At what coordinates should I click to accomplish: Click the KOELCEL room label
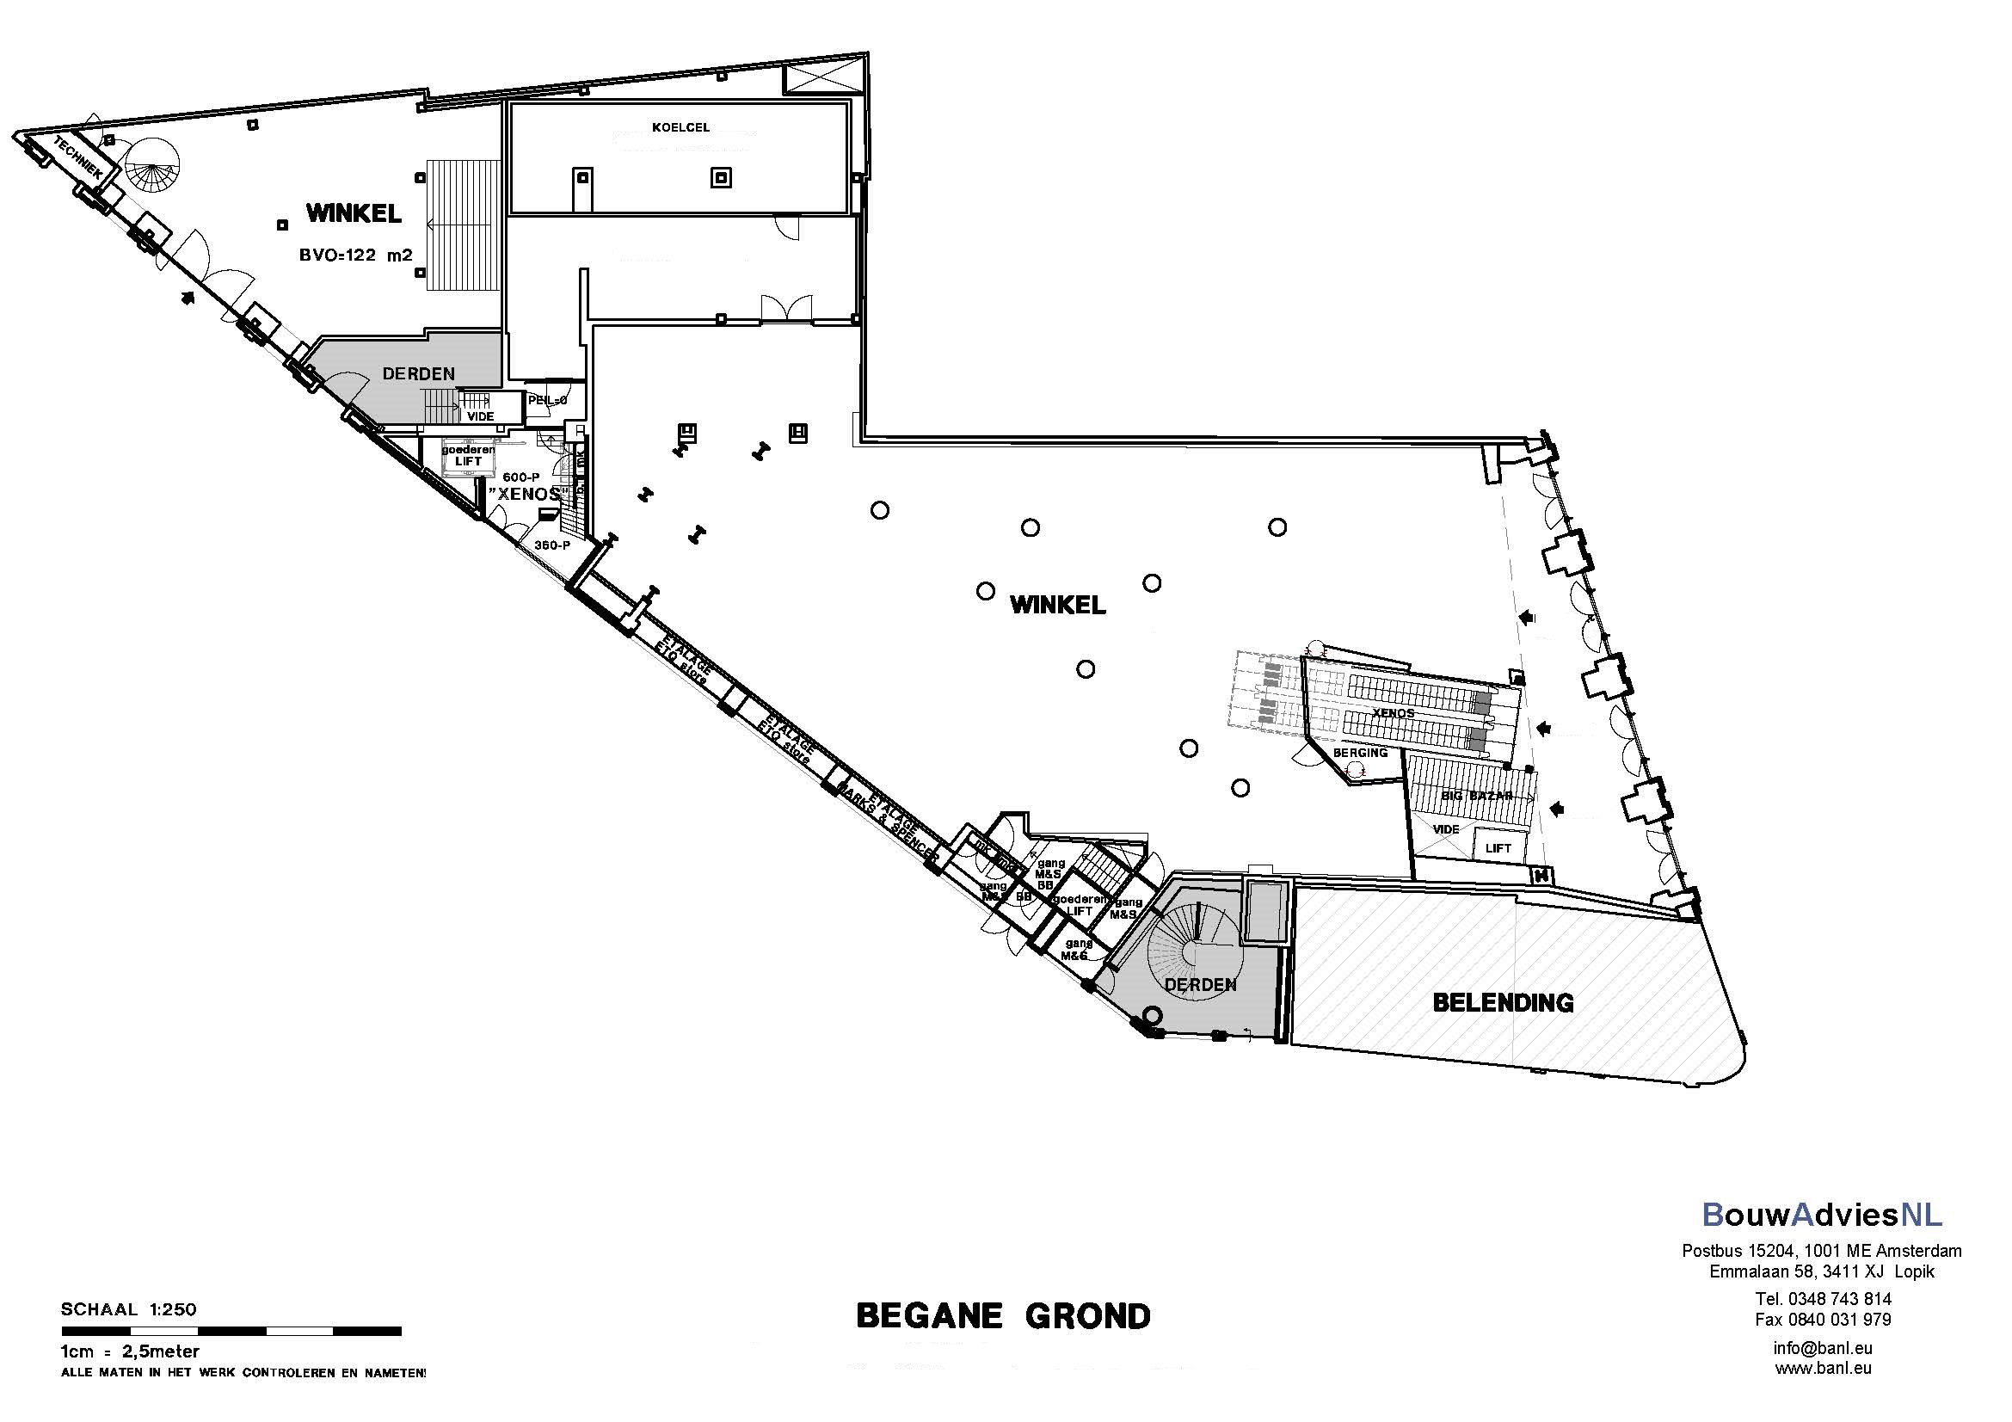click(x=681, y=128)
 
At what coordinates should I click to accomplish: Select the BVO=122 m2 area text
click(x=356, y=255)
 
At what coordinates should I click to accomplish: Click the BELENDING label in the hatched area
click(x=1503, y=1002)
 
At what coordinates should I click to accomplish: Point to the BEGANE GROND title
click(x=1003, y=1316)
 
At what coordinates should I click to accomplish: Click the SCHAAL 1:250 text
click(x=129, y=1310)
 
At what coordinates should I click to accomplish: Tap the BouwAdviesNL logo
click(x=1822, y=1215)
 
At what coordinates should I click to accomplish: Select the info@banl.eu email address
click(x=1823, y=1348)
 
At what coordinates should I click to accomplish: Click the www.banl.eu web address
click(x=1823, y=1368)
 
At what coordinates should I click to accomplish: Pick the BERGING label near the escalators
click(x=1360, y=753)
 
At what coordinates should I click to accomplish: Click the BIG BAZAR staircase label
click(x=1477, y=797)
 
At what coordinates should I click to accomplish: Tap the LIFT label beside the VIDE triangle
click(x=1498, y=848)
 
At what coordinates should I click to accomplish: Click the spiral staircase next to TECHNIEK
click(x=151, y=168)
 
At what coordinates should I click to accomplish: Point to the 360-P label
click(x=552, y=545)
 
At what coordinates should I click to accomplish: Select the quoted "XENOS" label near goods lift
click(x=525, y=494)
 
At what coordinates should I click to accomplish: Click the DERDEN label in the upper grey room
click(x=419, y=374)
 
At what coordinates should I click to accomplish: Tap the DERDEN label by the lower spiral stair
click(x=1200, y=985)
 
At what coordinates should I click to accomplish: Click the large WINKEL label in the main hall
click(x=1058, y=605)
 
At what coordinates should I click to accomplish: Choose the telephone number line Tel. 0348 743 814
click(x=1823, y=1298)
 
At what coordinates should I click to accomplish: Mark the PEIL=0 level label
click(x=548, y=400)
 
